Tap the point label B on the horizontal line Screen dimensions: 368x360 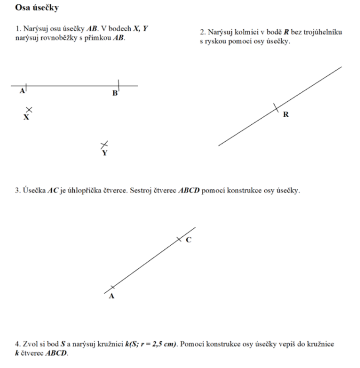[x=114, y=93]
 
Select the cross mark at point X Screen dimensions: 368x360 [x=29, y=110]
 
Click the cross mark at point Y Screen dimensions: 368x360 [x=104, y=145]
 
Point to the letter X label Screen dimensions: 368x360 [x=26, y=118]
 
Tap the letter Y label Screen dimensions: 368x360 [x=105, y=153]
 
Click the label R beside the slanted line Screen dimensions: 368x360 [x=286, y=115]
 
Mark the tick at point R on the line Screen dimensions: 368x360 [x=275, y=108]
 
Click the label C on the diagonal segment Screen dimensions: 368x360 [x=189, y=240]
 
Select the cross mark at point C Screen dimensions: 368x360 [x=179, y=239]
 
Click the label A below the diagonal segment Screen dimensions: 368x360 [x=111, y=296]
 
